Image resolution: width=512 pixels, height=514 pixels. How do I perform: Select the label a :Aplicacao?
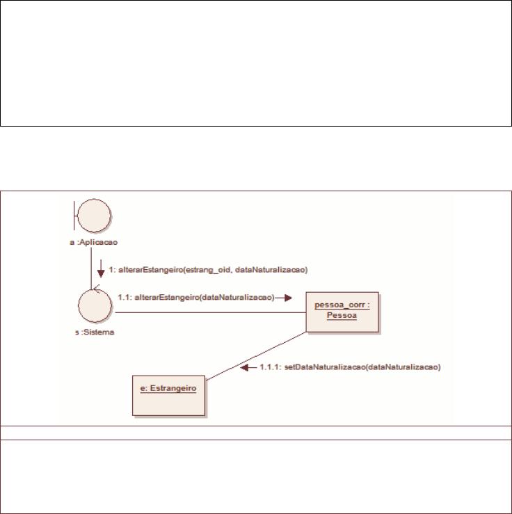[94, 242]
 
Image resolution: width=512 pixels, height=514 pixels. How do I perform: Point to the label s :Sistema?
[95, 332]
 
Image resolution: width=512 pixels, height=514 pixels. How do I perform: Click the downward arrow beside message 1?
[101, 268]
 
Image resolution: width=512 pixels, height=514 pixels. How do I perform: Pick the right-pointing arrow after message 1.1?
[284, 298]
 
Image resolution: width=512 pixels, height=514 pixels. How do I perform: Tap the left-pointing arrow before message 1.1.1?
[248, 367]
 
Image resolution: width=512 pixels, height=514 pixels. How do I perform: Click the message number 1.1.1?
[271, 367]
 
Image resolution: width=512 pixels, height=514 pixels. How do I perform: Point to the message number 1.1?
[125, 297]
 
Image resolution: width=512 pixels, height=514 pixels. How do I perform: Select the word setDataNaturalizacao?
[324, 367]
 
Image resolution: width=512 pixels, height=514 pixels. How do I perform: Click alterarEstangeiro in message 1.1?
[166, 297]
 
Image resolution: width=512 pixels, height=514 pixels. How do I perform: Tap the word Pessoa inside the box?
[342, 315]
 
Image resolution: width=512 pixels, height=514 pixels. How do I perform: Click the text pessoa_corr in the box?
[339, 305]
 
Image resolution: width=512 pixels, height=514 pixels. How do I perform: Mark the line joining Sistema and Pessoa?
[211, 312]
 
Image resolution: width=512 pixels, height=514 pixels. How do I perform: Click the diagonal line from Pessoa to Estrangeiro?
[256, 356]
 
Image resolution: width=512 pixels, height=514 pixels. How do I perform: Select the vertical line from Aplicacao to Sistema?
[91, 268]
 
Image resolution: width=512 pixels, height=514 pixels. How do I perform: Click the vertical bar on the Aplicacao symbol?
[74, 216]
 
